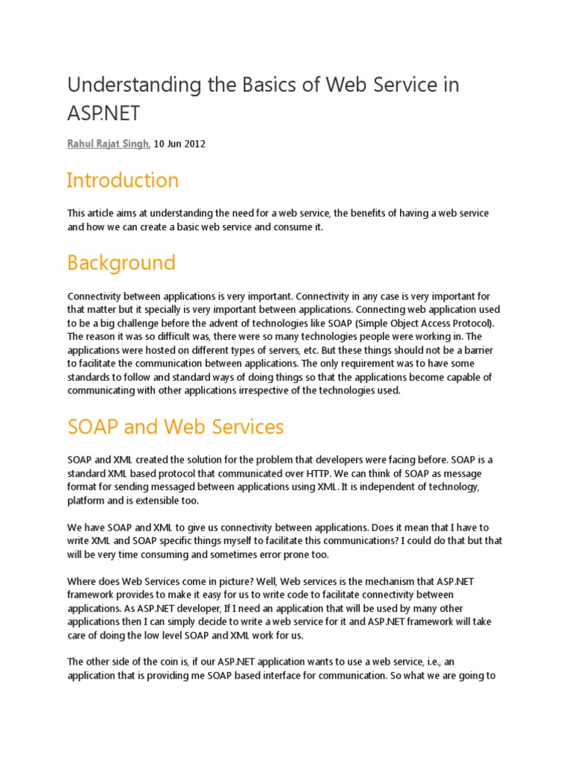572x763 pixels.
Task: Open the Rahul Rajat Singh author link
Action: click(108, 144)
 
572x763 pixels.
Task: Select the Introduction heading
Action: click(122, 180)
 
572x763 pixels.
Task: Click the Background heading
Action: click(121, 262)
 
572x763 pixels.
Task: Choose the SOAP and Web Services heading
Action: click(175, 426)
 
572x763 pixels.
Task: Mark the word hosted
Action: click(139, 350)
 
